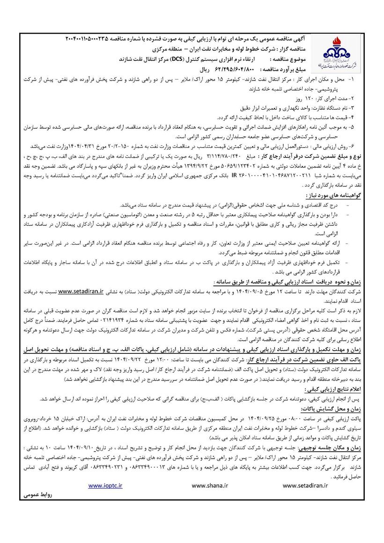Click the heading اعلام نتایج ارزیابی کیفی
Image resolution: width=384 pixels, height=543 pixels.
tap(333, 389)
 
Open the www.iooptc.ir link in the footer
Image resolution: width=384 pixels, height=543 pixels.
tap(106, 486)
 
